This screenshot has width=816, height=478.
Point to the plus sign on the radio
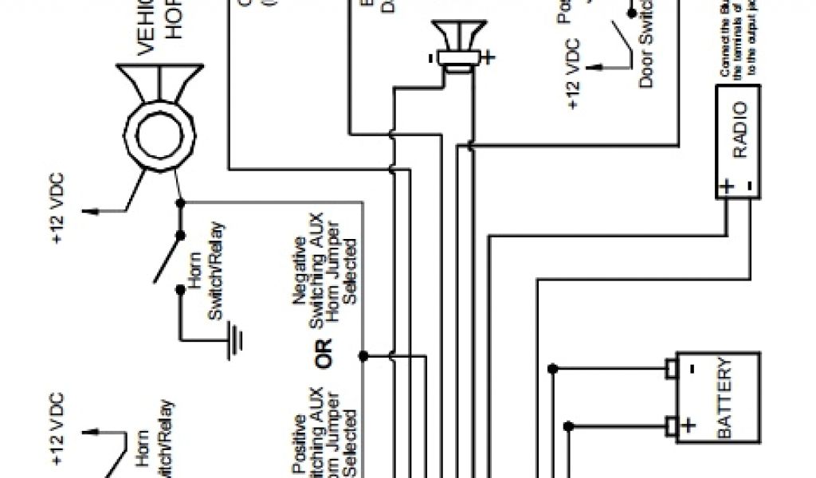point(728,188)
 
